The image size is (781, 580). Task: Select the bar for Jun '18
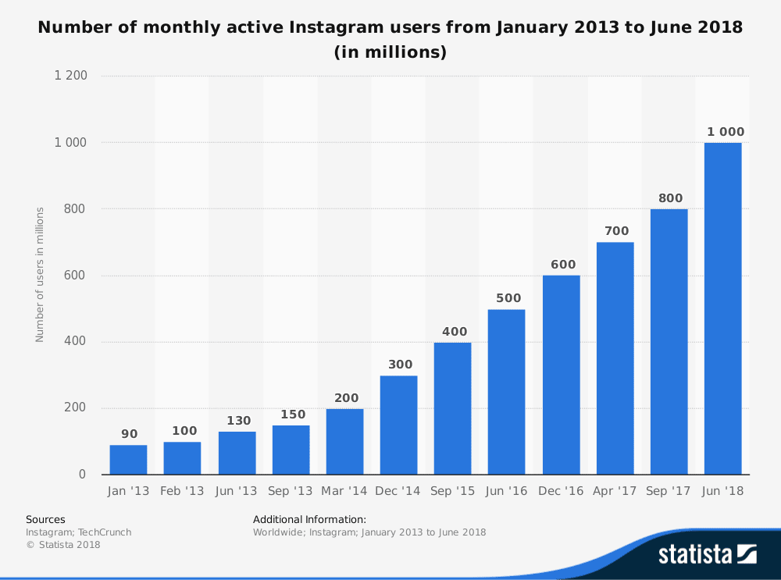tap(722, 308)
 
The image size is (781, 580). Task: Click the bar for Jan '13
tap(128, 460)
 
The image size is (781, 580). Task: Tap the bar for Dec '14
tap(398, 425)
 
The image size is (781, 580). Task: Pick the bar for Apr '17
tap(615, 358)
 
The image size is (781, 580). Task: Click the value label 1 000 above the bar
tap(726, 132)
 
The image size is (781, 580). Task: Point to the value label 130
tap(239, 421)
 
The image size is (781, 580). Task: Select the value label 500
tap(508, 298)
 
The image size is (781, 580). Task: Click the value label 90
tap(129, 434)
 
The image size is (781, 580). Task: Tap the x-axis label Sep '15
tap(452, 491)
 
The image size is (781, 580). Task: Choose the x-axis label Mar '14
tap(344, 491)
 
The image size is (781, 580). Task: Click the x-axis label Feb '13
tap(182, 491)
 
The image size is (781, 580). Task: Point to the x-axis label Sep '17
tap(669, 491)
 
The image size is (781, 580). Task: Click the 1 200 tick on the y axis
tap(70, 77)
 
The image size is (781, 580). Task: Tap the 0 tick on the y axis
tap(82, 475)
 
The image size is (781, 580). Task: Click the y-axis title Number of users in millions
tap(40, 274)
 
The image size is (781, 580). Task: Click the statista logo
tap(707, 554)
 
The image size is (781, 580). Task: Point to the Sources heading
tap(45, 519)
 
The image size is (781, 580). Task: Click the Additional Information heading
tap(309, 519)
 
